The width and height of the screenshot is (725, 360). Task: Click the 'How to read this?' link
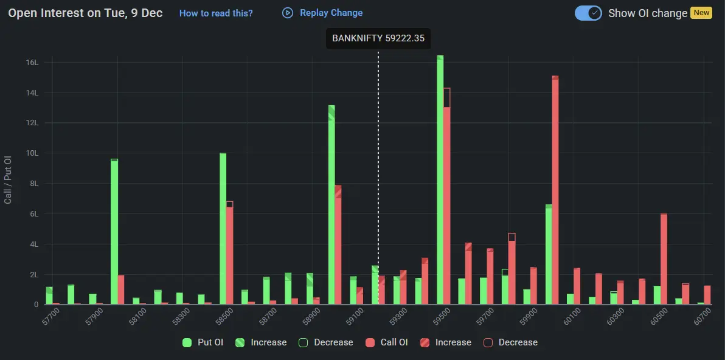click(x=216, y=13)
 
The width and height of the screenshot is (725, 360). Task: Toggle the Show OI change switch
click(x=588, y=13)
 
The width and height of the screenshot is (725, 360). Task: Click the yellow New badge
click(x=701, y=13)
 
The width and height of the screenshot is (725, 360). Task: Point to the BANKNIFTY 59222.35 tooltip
click(x=378, y=38)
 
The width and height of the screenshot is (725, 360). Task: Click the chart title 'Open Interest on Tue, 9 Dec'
click(x=85, y=13)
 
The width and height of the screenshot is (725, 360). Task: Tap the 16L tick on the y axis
click(x=32, y=63)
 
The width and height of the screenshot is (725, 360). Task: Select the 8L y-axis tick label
click(x=32, y=184)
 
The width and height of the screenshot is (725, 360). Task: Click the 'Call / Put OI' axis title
click(x=8, y=179)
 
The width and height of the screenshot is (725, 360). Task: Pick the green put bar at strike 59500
click(x=440, y=182)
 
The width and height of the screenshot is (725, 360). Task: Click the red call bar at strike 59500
click(x=447, y=201)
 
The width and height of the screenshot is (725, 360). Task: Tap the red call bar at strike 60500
click(x=664, y=261)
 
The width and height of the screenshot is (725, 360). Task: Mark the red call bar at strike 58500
click(x=229, y=255)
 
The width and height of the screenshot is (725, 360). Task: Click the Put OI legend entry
click(x=203, y=342)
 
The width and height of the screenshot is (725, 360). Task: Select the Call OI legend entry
click(x=387, y=342)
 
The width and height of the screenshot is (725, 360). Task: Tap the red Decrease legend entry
click(x=510, y=342)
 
